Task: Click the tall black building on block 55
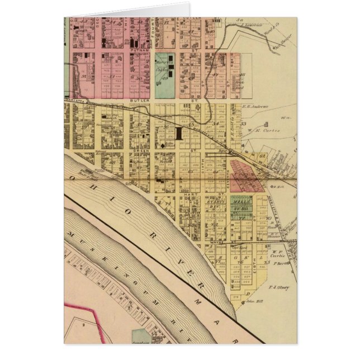pyautogui.click(x=179, y=133)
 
